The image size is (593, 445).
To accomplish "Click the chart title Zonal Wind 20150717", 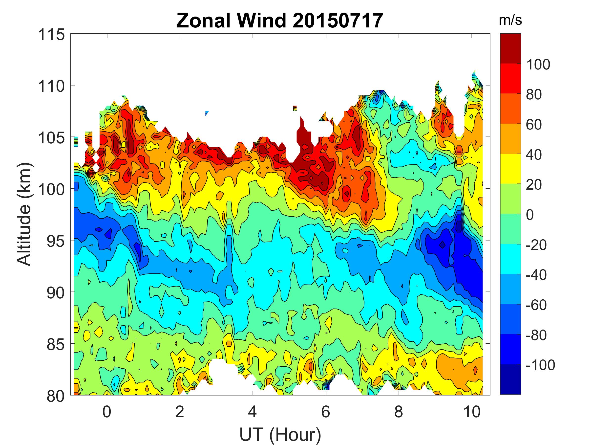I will [280, 21].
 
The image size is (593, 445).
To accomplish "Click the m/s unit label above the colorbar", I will [510, 21].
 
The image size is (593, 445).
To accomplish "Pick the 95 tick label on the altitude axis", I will [56, 241].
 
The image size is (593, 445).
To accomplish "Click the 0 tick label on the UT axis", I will [107, 412].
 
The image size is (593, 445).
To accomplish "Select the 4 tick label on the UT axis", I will [253, 412].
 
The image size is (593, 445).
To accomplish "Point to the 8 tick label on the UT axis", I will [399, 412].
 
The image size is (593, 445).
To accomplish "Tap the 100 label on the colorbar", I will [538, 64].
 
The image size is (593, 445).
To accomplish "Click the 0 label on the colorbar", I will [530, 215].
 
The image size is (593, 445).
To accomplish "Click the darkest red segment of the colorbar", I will [510, 48].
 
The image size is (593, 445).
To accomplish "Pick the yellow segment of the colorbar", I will [510, 169].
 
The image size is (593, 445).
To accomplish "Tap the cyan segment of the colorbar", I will [510, 259].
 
